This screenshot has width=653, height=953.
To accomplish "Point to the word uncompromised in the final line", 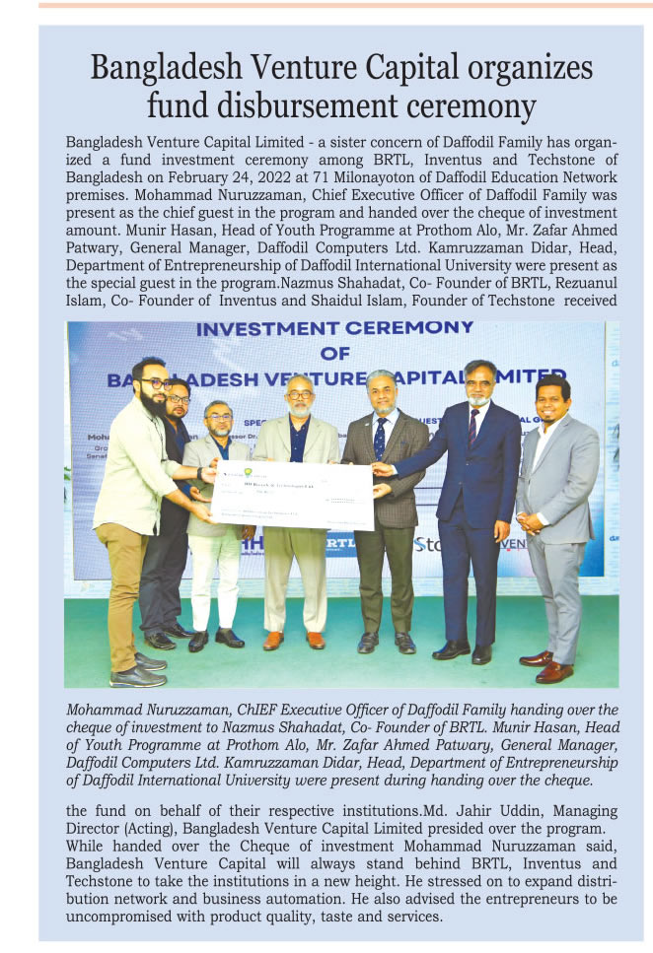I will (x=115, y=916).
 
